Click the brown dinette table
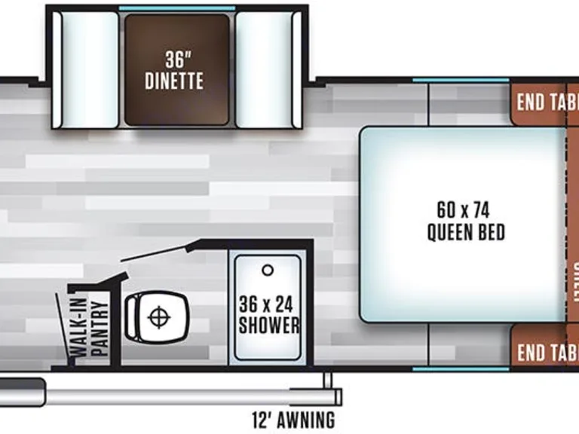176,69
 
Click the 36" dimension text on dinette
178,58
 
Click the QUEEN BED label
466,232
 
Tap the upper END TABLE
544,103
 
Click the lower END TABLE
544,351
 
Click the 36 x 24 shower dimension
268,305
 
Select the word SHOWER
268,326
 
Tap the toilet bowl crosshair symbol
158,316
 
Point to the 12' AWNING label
293,419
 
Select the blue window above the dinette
176,8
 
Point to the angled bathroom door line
154,252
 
